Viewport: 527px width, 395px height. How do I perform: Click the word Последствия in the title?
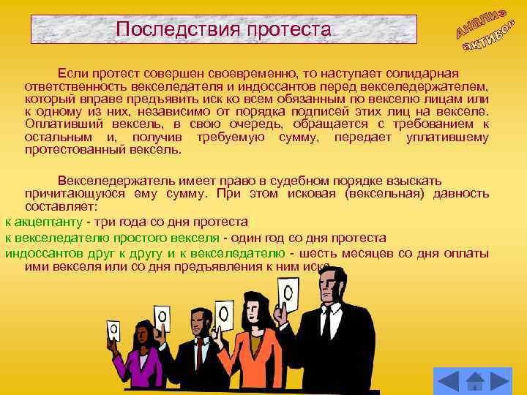[x=162, y=30]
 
